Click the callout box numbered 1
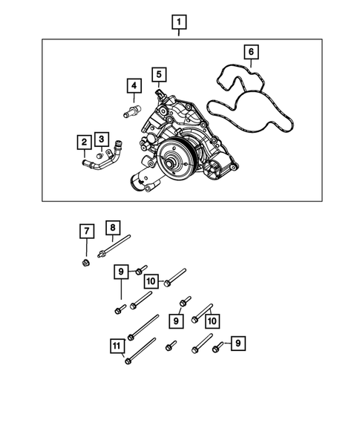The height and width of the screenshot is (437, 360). click(178, 22)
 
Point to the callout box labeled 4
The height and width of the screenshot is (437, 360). click(133, 88)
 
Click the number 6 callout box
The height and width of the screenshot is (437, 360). click(251, 52)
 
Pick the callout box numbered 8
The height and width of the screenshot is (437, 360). click(112, 228)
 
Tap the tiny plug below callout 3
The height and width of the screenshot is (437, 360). click(101, 156)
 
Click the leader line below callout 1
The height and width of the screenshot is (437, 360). click(178, 34)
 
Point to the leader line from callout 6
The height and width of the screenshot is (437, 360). click(251, 65)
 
